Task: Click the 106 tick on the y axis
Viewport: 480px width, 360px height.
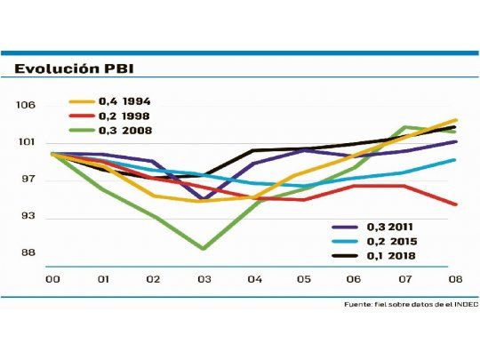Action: pos(25,105)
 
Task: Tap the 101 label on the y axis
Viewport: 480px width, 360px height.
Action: pos(25,142)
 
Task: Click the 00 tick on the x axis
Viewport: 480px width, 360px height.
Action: pos(52,279)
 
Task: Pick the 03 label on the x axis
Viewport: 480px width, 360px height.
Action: pos(204,279)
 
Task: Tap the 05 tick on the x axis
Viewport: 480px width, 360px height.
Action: pos(304,279)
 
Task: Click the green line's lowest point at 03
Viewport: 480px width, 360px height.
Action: pos(204,249)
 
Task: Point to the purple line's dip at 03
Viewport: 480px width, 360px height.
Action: pos(204,199)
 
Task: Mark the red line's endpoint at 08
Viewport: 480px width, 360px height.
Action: pos(456,204)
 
